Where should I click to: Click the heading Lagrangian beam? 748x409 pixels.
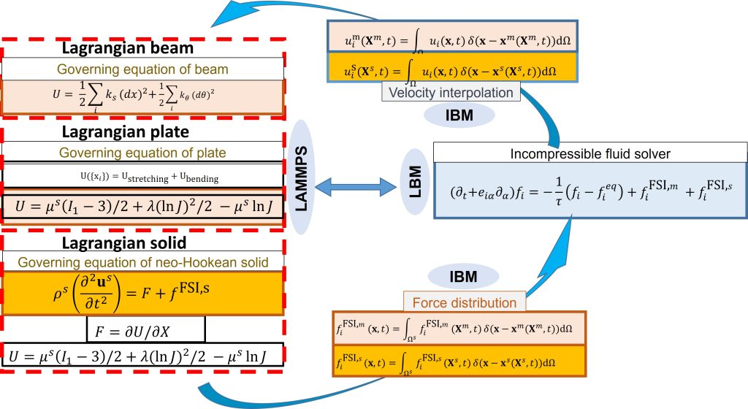point(143,49)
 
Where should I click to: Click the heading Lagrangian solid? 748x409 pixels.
point(143,242)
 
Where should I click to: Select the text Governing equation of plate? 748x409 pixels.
point(142,153)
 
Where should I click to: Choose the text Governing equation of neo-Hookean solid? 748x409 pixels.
point(142,261)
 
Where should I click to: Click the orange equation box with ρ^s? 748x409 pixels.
point(142,294)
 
